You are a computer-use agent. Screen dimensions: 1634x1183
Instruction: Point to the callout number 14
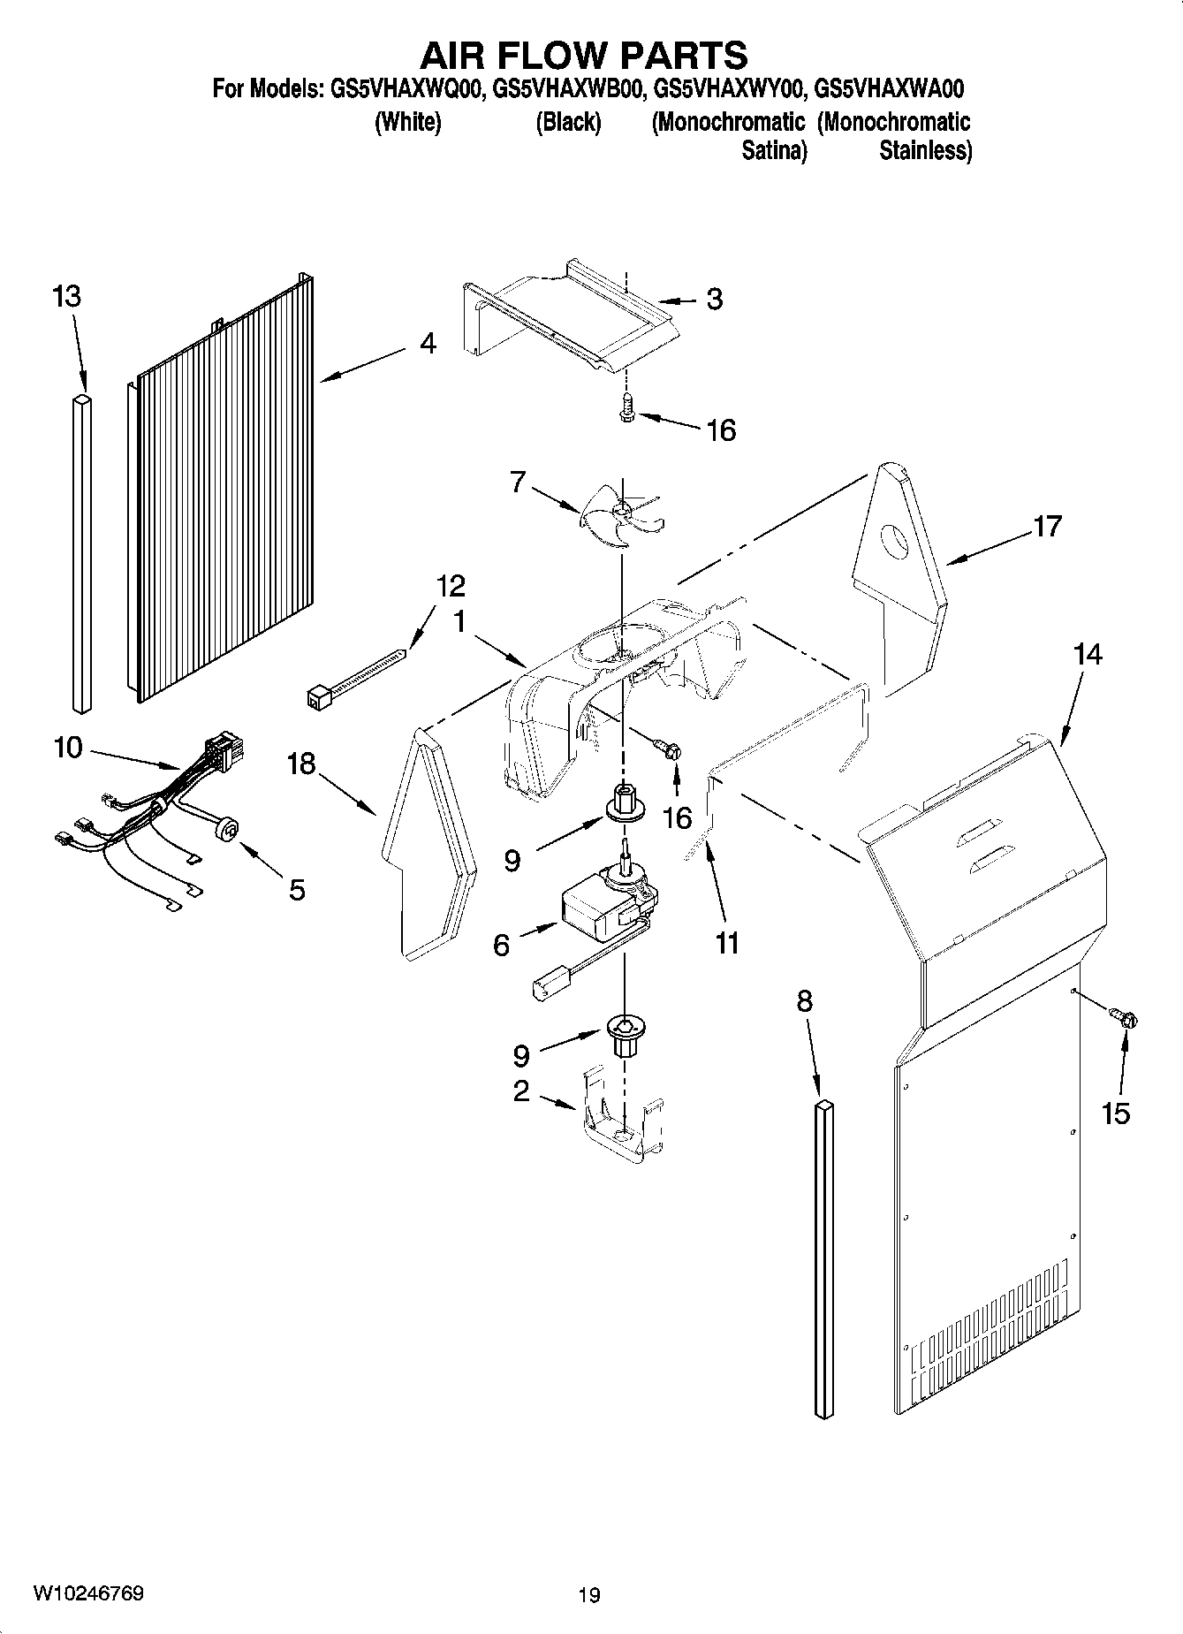tap(1088, 655)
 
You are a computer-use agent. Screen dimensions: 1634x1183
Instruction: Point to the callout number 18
tap(301, 764)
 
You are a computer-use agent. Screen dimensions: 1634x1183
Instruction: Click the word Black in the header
tap(568, 122)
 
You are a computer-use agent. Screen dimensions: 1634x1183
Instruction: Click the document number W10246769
tap(88, 1592)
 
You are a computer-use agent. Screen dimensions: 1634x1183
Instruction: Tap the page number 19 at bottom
tap(589, 1595)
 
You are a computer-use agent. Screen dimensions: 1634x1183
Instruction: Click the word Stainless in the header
tap(925, 150)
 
